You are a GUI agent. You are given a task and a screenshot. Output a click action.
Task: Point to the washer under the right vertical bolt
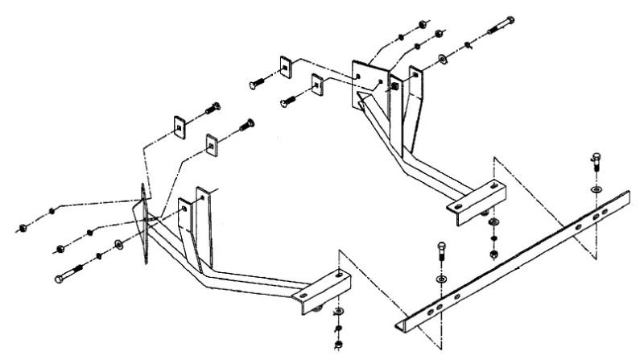(594, 188)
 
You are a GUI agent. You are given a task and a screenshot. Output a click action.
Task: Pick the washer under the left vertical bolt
(441, 279)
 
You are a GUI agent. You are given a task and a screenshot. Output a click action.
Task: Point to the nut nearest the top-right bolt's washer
(440, 33)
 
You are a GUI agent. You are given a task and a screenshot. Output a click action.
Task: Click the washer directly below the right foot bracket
(491, 221)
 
